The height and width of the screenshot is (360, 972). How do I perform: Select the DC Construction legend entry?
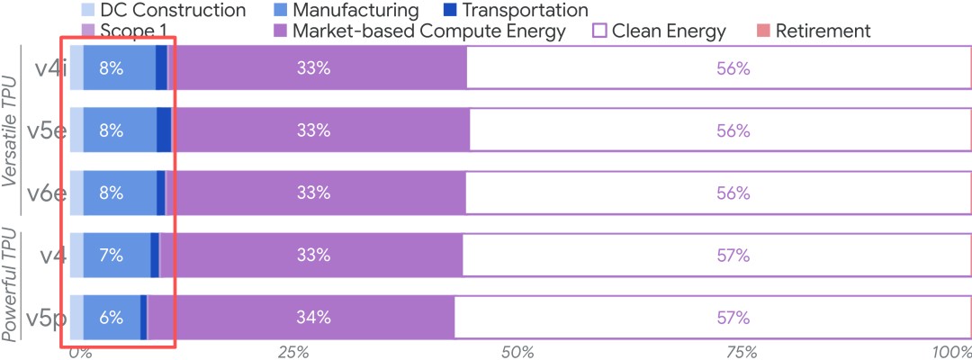(x=162, y=11)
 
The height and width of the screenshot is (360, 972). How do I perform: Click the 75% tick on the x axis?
(x=733, y=350)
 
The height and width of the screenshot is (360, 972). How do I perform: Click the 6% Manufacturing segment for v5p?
(x=112, y=317)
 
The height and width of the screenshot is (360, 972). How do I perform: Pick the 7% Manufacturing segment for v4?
(x=112, y=255)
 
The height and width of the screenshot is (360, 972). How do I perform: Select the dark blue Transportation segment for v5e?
(x=164, y=130)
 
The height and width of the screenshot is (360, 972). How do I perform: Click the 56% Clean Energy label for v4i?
(x=733, y=68)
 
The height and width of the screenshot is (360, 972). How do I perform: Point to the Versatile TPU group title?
(x=12, y=130)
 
